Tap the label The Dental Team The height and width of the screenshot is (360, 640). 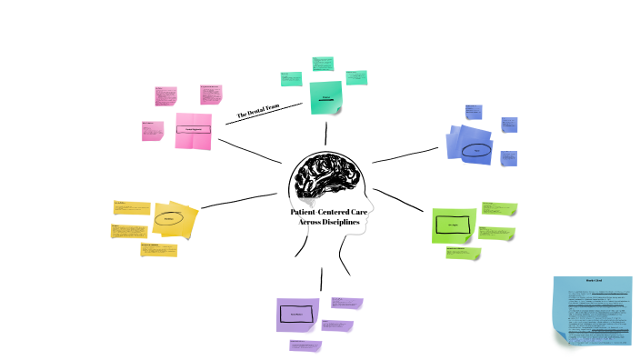tap(255, 112)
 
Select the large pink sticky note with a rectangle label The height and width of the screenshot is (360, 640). tap(193, 130)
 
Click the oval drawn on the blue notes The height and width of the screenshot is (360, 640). tap(475, 151)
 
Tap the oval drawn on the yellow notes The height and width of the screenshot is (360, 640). tap(169, 219)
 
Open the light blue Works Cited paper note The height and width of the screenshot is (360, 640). tap(593, 310)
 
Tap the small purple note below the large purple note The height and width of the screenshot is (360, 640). tap(305, 345)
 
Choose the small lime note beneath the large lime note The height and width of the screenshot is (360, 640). tap(463, 253)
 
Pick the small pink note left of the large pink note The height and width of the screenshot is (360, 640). tap(153, 131)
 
